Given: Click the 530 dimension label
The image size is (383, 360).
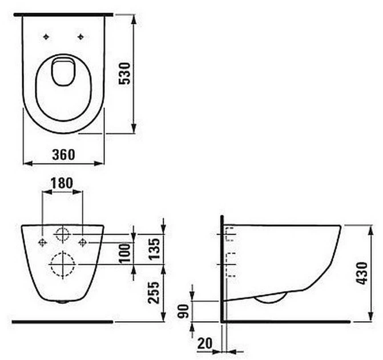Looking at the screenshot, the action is click(x=124, y=73).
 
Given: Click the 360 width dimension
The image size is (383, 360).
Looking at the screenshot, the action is click(x=63, y=154).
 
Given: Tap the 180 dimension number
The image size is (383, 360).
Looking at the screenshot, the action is click(x=62, y=183).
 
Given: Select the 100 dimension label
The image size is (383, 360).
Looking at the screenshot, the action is click(x=124, y=253).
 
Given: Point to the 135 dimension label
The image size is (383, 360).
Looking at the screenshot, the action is click(x=154, y=249).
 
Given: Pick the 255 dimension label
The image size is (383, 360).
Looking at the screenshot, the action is click(x=154, y=293).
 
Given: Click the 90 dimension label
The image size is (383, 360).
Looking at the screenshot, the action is click(x=183, y=311).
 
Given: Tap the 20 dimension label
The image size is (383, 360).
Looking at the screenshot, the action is click(x=205, y=343).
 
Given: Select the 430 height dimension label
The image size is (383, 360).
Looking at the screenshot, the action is click(x=361, y=273).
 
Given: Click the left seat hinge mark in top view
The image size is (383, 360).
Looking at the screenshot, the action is click(x=46, y=37).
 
